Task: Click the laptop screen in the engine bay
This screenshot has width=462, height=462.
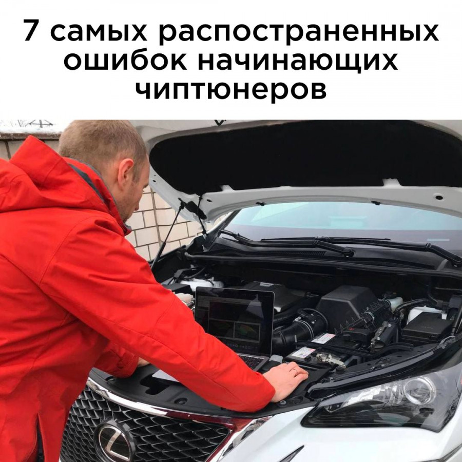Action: point(235,321)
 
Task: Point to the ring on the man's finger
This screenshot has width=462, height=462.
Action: point(296,372)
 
